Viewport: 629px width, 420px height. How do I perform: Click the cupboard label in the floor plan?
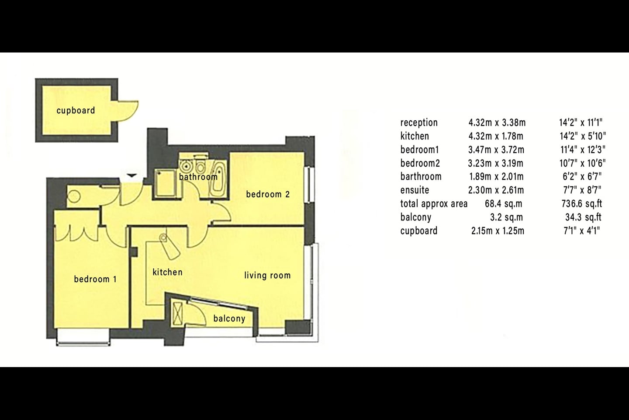(x=76, y=111)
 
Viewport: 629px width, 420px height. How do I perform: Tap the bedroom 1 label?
(x=95, y=279)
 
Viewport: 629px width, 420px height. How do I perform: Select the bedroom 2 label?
(x=268, y=194)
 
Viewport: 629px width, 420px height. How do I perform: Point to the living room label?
(x=267, y=275)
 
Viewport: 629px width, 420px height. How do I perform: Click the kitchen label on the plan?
(x=168, y=272)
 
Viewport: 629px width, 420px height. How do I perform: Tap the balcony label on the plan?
(x=229, y=318)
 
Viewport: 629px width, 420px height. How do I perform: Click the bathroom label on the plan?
(x=198, y=177)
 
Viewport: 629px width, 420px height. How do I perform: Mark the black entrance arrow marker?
(x=132, y=176)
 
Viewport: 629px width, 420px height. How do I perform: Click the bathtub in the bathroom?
(x=218, y=178)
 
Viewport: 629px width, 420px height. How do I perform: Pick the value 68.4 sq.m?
(x=504, y=204)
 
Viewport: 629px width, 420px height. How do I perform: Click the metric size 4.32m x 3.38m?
(x=497, y=122)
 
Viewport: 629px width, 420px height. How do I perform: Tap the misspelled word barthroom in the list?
(x=421, y=177)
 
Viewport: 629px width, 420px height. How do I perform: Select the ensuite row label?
(x=415, y=190)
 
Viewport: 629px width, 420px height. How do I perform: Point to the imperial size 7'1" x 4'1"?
(x=581, y=231)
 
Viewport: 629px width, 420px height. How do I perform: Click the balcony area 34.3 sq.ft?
(x=583, y=217)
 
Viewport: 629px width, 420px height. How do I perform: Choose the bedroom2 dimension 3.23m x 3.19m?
(x=496, y=163)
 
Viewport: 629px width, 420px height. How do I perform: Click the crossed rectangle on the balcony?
(x=177, y=314)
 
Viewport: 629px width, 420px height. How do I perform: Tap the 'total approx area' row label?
(x=434, y=204)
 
